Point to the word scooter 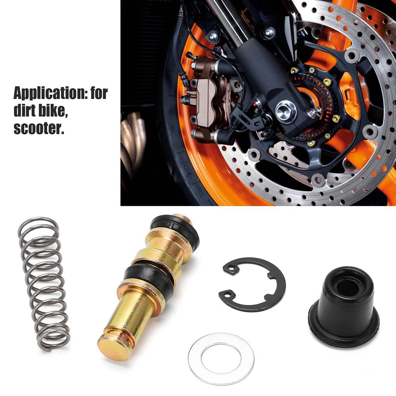coord(39,129)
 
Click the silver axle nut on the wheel coord(286,112)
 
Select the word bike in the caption coord(54,111)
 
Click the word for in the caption coord(98,94)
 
